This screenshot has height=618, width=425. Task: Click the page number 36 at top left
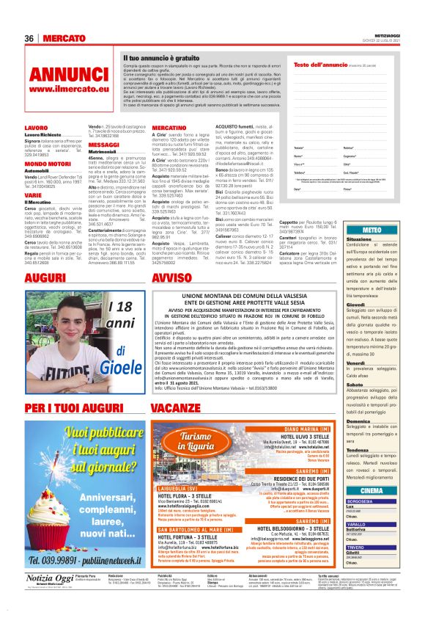pyautogui.click(x=29, y=38)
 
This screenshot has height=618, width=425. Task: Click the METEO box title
pyautogui.click(x=372, y=230)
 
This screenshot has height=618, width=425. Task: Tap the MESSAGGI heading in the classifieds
pyautogui.click(x=103, y=145)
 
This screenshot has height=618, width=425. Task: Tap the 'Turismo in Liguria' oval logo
pyautogui.click(x=180, y=442)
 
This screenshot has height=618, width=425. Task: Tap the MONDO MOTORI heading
pyautogui.click(x=47, y=164)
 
